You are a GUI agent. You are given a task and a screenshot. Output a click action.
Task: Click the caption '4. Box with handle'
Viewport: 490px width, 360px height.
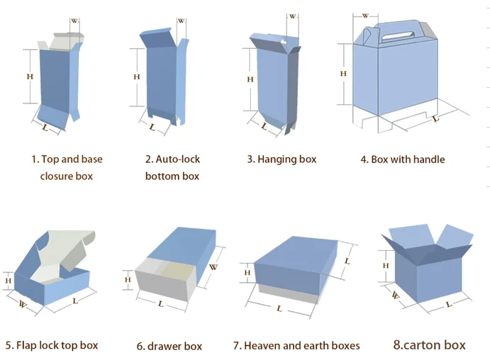402,159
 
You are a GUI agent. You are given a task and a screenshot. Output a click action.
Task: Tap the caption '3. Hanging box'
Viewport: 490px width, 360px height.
282,159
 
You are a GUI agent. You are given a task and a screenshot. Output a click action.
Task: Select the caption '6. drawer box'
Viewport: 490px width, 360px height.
169,347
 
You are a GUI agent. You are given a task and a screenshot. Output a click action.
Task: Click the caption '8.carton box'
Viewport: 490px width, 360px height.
429,345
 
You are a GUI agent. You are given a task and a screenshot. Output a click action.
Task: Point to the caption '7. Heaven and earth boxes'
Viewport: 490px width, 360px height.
296,346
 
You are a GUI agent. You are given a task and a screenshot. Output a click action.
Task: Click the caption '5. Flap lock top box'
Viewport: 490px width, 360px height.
51,345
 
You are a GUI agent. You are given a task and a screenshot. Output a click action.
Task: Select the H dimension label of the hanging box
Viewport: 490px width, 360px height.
250,79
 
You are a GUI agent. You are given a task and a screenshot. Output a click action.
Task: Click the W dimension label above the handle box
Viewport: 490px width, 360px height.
365,15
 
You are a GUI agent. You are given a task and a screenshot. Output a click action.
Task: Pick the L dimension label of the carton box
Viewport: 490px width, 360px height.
447,305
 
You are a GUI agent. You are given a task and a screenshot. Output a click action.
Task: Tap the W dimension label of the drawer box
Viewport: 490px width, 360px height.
213,267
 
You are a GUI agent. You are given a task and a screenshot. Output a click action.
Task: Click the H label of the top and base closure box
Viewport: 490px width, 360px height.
29,77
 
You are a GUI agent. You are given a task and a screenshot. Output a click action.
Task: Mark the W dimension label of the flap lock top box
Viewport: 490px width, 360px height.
23,305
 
